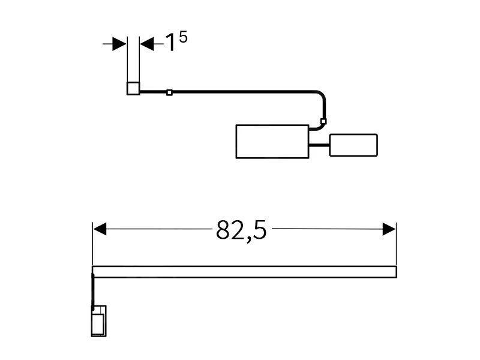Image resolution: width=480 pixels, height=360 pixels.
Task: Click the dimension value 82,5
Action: click(241, 230)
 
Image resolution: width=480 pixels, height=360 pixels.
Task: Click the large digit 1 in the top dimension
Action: click(171, 43)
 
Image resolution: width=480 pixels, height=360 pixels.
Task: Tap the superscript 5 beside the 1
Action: click(183, 37)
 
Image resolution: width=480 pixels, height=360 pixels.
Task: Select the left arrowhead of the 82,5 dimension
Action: click(100, 229)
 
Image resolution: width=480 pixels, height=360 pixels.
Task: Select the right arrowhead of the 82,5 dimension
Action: click(389, 229)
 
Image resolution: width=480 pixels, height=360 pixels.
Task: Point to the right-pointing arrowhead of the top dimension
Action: click(119, 44)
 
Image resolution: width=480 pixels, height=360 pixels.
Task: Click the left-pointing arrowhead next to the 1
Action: click(147, 44)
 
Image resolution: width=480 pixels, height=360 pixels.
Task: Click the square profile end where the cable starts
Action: click(133, 88)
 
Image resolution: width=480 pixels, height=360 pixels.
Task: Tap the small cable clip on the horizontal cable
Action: click(169, 92)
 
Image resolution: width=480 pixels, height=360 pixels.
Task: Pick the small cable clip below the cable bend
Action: click(323, 121)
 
